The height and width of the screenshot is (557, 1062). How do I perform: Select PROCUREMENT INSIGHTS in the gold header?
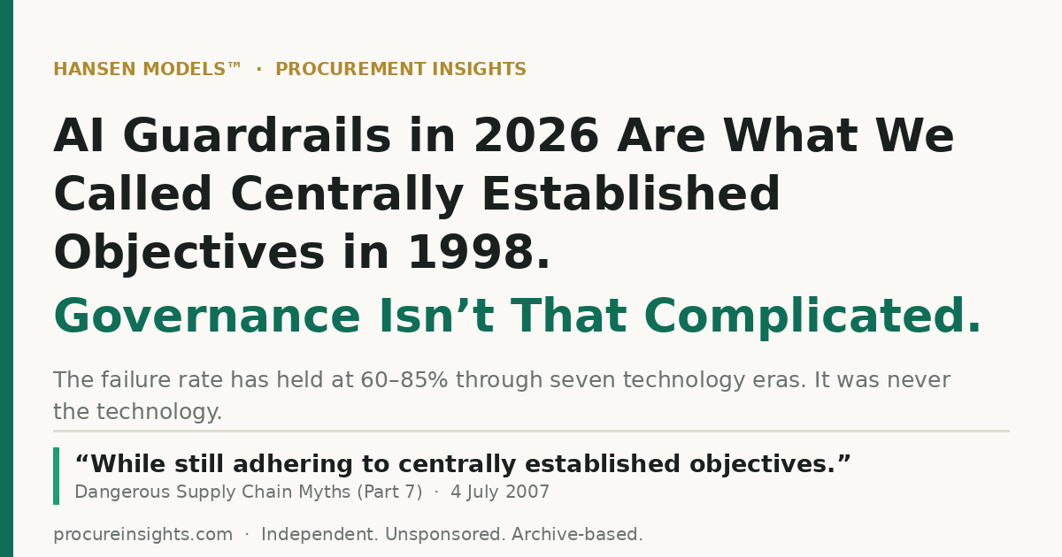(401, 69)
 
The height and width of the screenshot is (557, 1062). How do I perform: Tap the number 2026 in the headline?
(536, 136)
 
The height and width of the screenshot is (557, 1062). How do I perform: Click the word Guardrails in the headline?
(257, 136)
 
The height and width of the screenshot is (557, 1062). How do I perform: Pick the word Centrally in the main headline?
(347, 195)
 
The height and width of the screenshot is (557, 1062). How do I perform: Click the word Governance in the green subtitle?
(207, 316)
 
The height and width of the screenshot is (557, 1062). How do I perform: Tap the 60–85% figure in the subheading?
(404, 380)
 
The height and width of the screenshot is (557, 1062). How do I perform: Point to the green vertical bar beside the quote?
(57, 476)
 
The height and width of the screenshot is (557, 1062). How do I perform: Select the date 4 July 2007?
(500, 492)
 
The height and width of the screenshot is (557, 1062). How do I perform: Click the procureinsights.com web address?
(142, 534)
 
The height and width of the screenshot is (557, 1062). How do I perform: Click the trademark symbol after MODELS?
(235, 65)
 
